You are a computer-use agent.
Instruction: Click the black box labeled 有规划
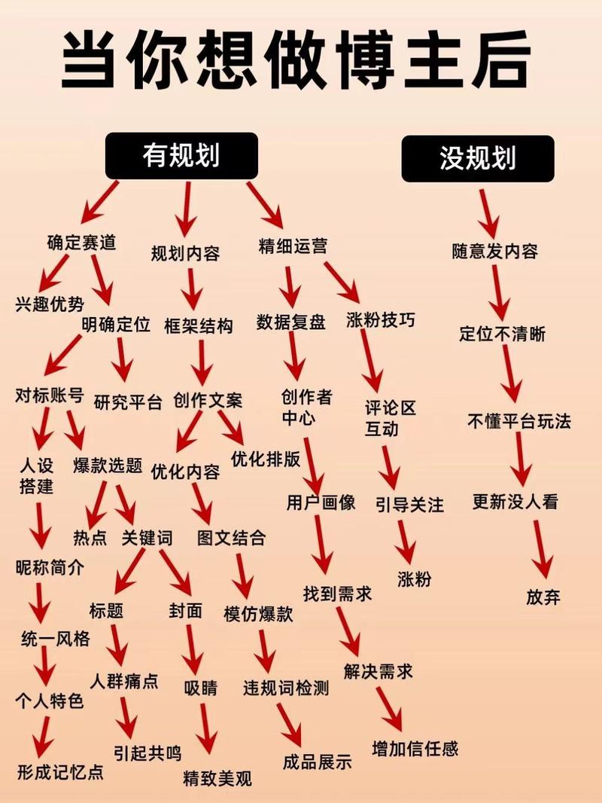click(181, 156)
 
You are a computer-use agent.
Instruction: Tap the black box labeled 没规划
click(478, 158)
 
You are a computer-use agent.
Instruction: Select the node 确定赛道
click(82, 243)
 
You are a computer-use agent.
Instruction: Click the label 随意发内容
click(495, 251)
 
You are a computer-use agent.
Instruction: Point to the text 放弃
click(543, 597)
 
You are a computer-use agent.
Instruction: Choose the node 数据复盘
click(291, 322)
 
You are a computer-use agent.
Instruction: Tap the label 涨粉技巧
click(381, 320)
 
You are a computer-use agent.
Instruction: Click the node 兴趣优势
click(50, 304)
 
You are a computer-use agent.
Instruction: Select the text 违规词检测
click(286, 688)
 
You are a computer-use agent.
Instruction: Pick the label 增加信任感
click(415, 749)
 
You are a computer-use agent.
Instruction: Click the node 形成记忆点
click(60, 771)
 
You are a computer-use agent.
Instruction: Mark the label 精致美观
click(217, 778)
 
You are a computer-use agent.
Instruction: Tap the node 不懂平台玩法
click(519, 421)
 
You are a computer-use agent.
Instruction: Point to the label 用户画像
click(321, 502)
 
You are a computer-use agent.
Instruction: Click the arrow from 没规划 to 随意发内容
click(488, 213)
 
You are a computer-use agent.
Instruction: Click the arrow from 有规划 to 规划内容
click(186, 209)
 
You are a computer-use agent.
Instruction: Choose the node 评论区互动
click(391, 418)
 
